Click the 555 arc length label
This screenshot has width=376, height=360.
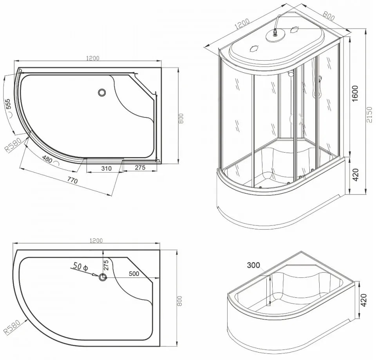point(8,104)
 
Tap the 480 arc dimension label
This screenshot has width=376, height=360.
point(47,159)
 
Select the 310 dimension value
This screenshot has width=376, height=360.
point(106,168)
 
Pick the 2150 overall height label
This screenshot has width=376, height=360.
point(369,115)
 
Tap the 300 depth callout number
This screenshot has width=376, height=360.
point(253,265)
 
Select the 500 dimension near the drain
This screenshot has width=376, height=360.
point(134,274)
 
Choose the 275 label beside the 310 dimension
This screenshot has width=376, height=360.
point(140,167)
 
